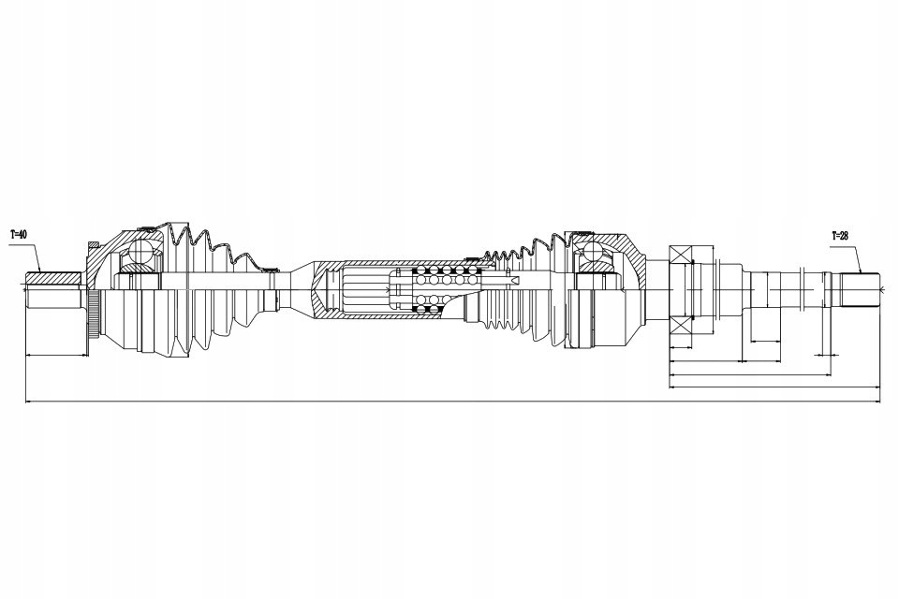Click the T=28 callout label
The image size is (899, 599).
pyautogui.click(x=840, y=236)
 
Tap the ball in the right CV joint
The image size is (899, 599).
pyautogui.click(x=593, y=254)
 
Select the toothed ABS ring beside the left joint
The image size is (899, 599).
pyautogui.click(x=93, y=317)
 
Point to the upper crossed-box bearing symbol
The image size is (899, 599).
pyautogui.click(x=680, y=254)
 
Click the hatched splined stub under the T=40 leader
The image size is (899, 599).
pyautogui.click(x=56, y=278)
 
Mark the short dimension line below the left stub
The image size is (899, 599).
pyautogui.click(x=56, y=356)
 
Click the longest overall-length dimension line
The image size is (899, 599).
pyautogui.click(x=449, y=402)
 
